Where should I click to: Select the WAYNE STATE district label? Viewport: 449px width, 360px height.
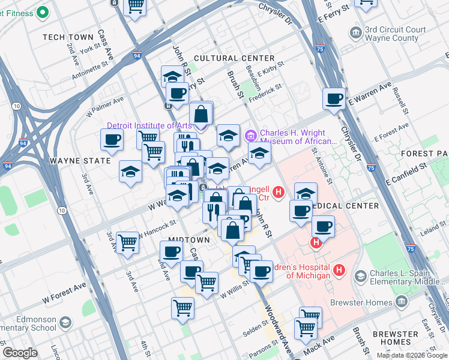point(80,161)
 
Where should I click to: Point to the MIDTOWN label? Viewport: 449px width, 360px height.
point(188,239)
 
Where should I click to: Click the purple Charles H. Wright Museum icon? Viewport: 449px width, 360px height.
point(250,133)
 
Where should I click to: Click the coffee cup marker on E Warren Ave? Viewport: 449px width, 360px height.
point(334,99)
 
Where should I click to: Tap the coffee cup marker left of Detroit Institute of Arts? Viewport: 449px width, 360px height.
point(111,140)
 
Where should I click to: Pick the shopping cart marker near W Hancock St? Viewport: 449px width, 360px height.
point(127,243)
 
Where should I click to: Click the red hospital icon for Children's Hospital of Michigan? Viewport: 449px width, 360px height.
point(339,271)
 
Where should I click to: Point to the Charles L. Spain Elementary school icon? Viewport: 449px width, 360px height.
point(360,276)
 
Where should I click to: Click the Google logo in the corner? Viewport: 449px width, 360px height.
point(20,353)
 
